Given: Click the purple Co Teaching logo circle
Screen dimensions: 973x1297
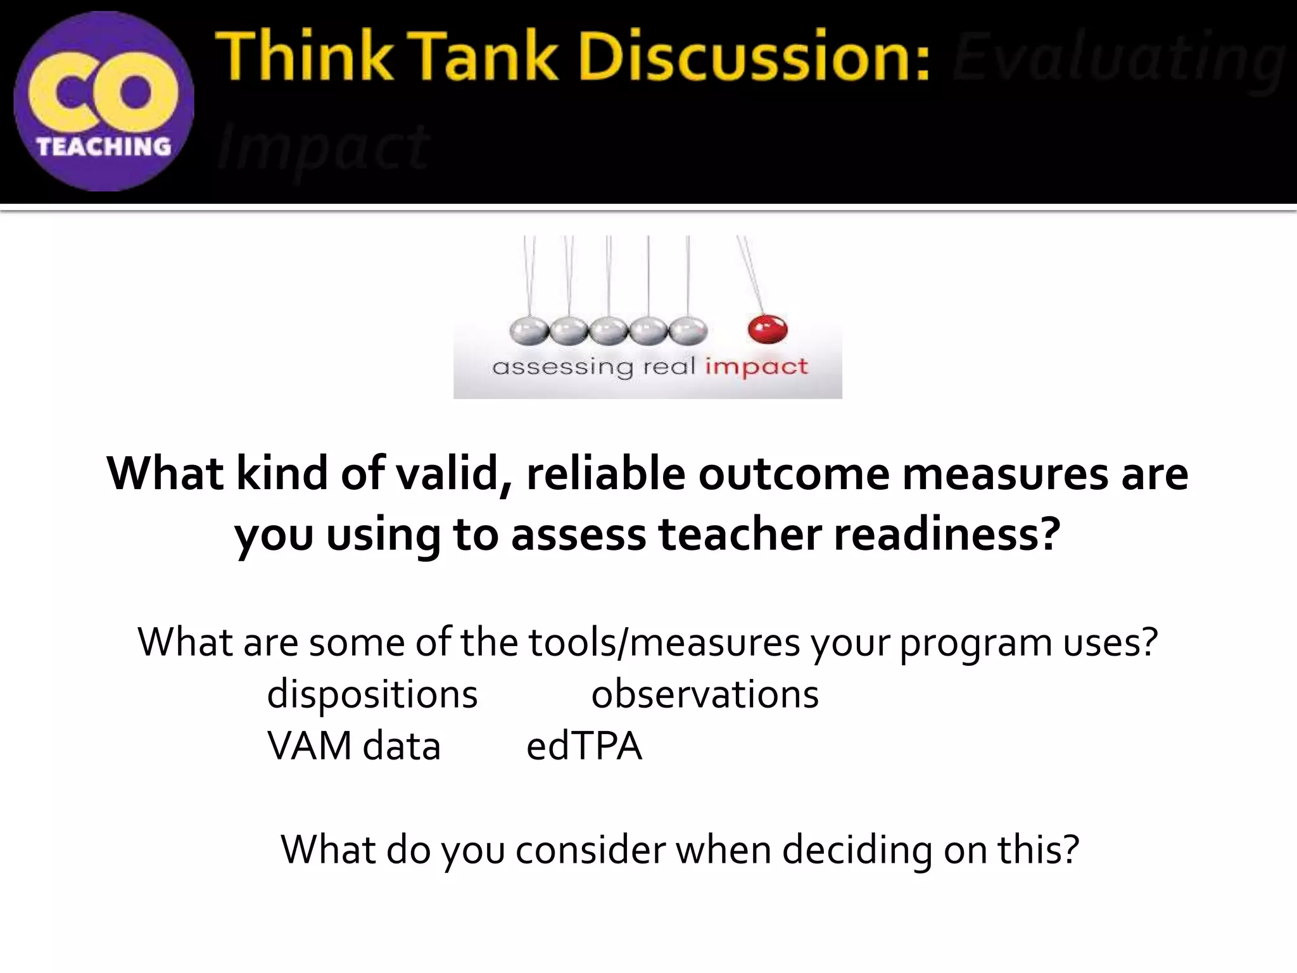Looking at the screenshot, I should point(104,101).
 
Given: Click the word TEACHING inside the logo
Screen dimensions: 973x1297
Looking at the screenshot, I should point(104,147).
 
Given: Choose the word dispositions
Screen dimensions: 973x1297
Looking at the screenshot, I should point(372,694).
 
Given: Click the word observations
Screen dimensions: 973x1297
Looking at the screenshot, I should point(705,694).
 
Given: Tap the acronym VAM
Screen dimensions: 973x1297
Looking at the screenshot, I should point(310,746).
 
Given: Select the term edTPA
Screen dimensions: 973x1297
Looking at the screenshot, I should point(584,746).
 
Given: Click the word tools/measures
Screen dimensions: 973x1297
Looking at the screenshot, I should point(664,642).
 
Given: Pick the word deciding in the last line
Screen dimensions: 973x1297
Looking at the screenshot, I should point(857,850).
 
